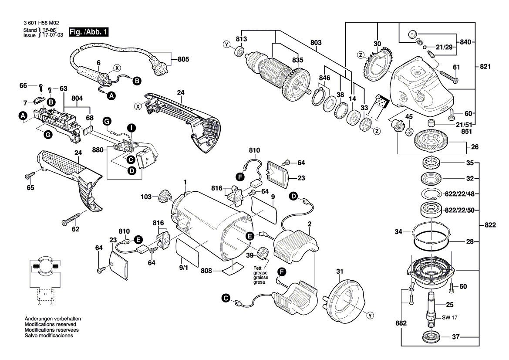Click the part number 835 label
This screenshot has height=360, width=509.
click(x=297, y=60)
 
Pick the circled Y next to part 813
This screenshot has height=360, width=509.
click(x=226, y=44)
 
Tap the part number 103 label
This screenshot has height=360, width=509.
click(x=146, y=197)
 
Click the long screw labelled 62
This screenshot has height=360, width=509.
click(x=72, y=218)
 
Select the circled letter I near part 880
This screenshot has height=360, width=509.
click(x=131, y=127)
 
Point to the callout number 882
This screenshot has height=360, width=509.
click(x=401, y=324)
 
